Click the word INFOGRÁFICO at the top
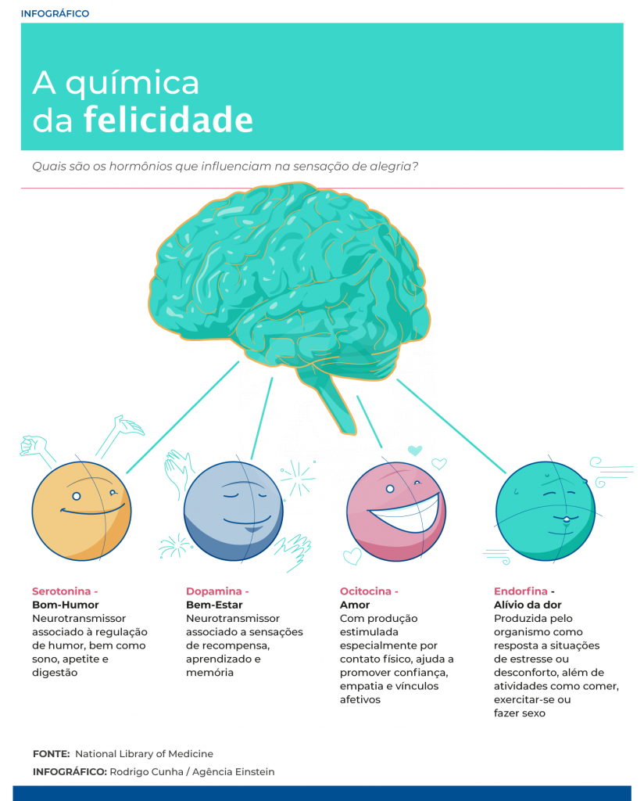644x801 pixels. (55, 14)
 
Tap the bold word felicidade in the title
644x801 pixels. (168, 120)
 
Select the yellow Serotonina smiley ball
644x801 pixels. (81, 511)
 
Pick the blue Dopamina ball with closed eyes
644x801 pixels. (233, 511)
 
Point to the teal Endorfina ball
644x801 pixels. (546, 511)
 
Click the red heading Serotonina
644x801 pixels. (61, 591)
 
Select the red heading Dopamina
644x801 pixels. (214, 591)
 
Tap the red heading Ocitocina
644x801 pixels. (365, 591)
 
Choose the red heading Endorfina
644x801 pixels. (521, 591)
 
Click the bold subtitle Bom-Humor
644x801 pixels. (66, 605)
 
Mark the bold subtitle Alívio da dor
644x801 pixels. (528, 605)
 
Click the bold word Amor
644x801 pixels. (355, 605)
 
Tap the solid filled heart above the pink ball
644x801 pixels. (415, 451)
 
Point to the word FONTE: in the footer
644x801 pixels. (51, 754)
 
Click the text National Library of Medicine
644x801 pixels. (144, 754)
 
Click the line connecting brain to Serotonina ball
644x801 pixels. (183, 418)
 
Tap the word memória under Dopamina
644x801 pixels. (209, 673)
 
